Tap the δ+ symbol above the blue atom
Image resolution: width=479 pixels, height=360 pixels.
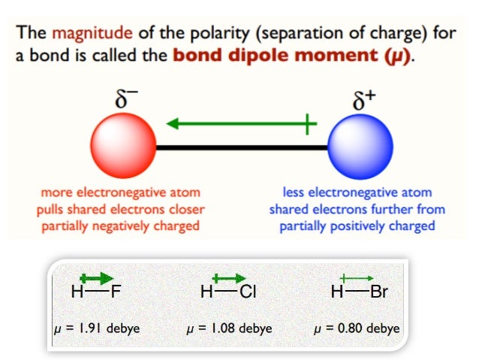[x=364, y=101]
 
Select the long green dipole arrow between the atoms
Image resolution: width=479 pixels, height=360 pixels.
[x=240, y=124]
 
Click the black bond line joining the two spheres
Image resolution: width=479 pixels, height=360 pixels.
[x=240, y=147]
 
